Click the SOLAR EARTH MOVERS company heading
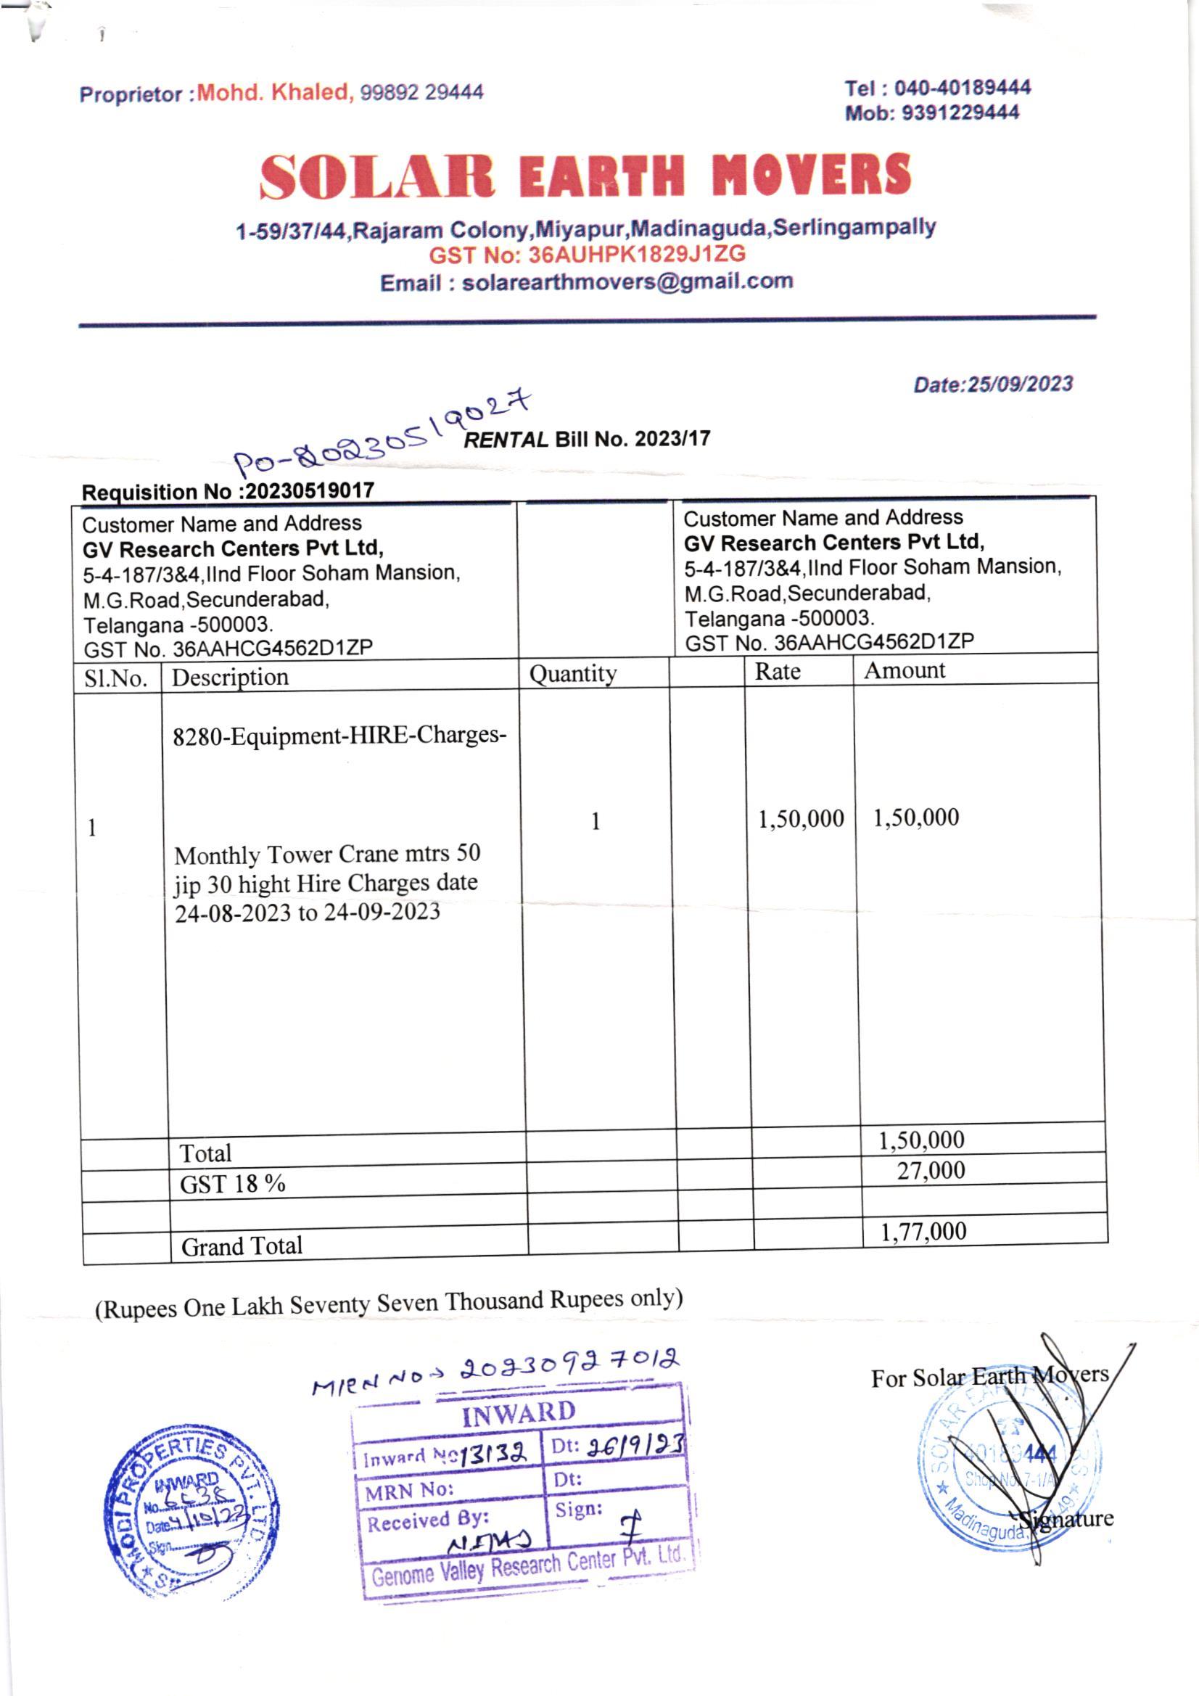point(585,176)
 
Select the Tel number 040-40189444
point(962,88)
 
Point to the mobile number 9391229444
point(960,113)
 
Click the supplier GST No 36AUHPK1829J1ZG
point(637,255)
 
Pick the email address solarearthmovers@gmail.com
point(627,282)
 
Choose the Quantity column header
point(572,674)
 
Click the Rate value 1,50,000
point(801,818)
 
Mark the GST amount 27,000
point(931,1171)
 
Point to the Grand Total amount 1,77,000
point(923,1231)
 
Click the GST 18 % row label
point(233,1184)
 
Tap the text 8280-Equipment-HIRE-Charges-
point(339,736)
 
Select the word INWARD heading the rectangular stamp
point(519,1414)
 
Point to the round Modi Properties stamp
point(190,1510)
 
